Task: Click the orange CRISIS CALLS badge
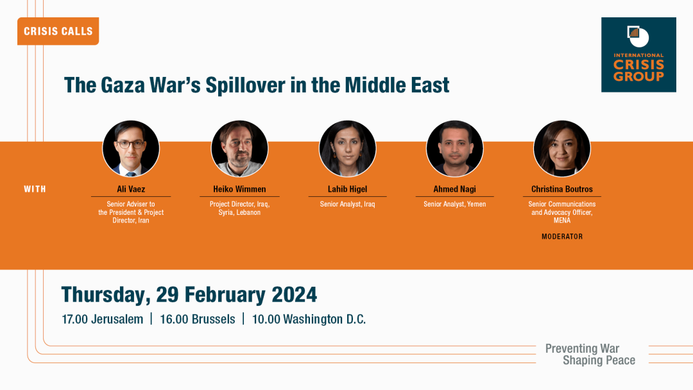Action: (x=58, y=31)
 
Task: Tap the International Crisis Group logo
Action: (x=638, y=55)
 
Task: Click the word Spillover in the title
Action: (x=245, y=85)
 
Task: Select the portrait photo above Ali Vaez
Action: (x=131, y=149)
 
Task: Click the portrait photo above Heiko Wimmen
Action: (x=239, y=149)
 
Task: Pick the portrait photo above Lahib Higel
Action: (x=347, y=149)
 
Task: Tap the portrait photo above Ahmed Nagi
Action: (x=455, y=149)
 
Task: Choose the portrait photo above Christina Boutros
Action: (x=561, y=149)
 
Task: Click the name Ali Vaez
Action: (x=131, y=189)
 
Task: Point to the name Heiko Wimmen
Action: (x=239, y=189)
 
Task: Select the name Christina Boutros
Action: (x=561, y=189)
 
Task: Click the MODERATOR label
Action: (x=562, y=237)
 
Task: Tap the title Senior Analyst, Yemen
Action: (x=455, y=204)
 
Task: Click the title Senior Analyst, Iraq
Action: (x=347, y=204)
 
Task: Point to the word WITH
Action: (x=35, y=189)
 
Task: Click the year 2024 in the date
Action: (x=295, y=294)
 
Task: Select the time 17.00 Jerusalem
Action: (x=103, y=319)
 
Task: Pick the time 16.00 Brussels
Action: (x=198, y=319)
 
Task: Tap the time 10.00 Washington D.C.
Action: (x=309, y=319)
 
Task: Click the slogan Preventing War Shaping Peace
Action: (x=590, y=354)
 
